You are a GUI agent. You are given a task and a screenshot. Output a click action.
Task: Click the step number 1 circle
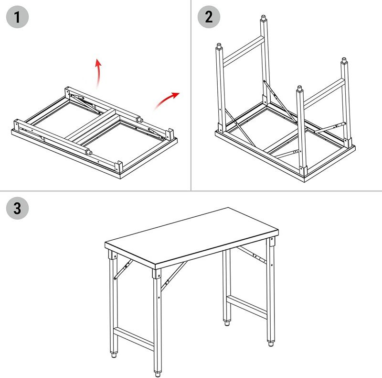point(17,17)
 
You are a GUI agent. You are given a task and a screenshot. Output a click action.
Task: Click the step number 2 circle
point(209,17)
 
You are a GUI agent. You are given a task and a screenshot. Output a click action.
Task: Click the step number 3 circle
point(17,208)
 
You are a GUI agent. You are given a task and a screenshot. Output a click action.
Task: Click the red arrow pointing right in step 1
point(167,100)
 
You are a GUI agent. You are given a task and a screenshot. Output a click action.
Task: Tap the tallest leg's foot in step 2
point(263,18)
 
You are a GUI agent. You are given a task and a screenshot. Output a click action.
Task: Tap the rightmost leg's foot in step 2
point(344,60)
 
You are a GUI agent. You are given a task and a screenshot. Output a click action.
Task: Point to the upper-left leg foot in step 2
point(219,46)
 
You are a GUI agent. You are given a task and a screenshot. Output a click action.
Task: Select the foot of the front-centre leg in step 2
point(300,89)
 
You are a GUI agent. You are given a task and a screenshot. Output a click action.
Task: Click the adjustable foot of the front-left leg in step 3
point(114,355)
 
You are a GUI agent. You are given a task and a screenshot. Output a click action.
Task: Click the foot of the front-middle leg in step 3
point(158,374)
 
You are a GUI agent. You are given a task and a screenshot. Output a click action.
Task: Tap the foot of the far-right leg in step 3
point(270,344)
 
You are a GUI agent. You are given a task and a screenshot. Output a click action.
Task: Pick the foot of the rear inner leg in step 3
point(227,323)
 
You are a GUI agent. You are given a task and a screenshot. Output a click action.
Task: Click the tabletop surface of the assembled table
point(192,235)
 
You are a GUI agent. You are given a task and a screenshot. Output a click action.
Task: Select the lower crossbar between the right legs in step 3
point(247,307)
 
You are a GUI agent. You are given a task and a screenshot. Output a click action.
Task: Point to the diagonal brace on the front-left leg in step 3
point(123,269)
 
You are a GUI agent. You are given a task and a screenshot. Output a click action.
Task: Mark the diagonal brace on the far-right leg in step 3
point(252,255)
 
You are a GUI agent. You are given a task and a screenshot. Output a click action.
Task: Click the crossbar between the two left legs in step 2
point(244,52)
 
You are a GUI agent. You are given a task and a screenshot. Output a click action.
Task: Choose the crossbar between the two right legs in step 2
point(324,93)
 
